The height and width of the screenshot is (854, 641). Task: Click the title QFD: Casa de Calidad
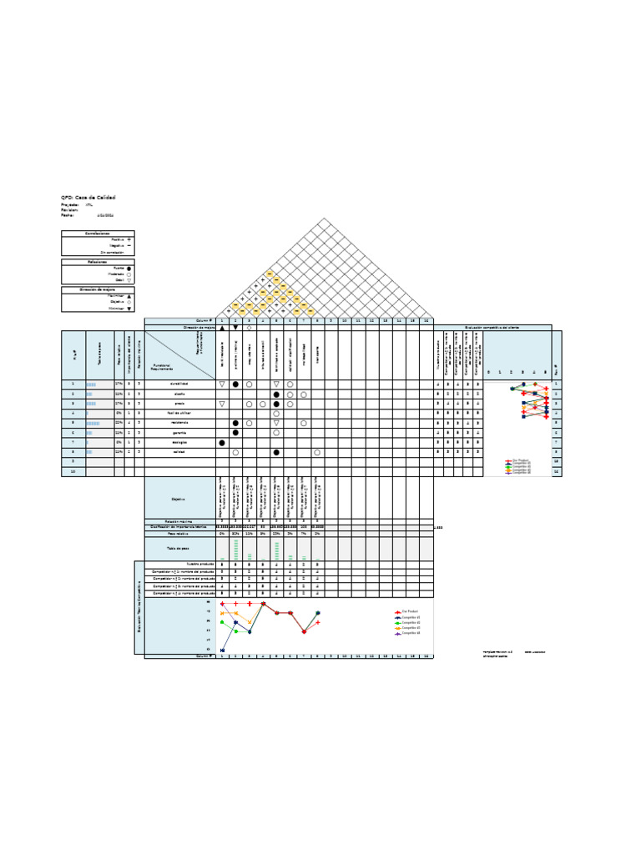(x=88, y=197)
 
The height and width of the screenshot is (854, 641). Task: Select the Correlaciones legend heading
(x=98, y=234)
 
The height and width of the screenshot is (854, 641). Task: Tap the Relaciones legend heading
(x=98, y=261)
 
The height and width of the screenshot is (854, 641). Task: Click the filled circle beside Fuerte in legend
(x=129, y=268)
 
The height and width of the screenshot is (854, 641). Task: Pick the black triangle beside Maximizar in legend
(x=129, y=295)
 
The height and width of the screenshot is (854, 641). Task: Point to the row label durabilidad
(x=179, y=384)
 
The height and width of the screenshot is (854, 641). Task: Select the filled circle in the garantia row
(x=235, y=433)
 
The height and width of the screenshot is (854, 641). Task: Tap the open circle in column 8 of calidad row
(x=317, y=453)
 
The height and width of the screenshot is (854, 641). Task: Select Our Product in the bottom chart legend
(x=408, y=611)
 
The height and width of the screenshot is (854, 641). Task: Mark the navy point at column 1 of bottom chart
(x=222, y=651)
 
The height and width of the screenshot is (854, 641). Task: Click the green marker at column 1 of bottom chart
(x=222, y=621)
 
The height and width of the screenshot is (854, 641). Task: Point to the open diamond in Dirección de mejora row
(x=249, y=328)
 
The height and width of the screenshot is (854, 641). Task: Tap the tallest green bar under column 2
(x=235, y=549)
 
